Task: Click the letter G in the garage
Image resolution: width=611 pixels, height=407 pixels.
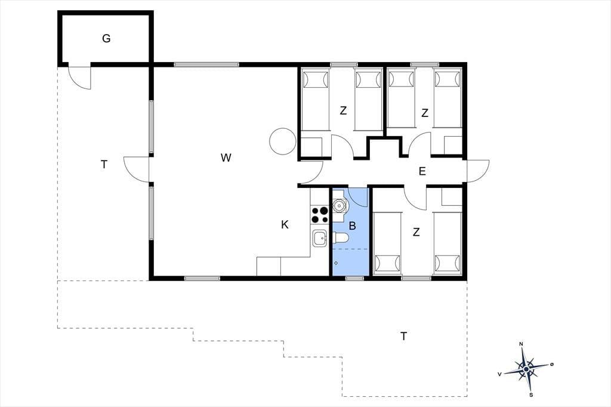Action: [x=106, y=39]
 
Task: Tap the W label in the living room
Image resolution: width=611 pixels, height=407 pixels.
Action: [x=226, y=158]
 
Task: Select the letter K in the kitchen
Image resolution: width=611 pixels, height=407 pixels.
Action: [x=285, y=224]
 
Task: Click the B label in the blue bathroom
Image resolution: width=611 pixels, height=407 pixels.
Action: [x=352, y=226]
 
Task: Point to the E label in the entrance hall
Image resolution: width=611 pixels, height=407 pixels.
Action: [x=422, y=171]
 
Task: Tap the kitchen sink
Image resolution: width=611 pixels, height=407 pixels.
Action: [x=320, y=238]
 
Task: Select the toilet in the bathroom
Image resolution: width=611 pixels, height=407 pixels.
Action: [x=340, y=238]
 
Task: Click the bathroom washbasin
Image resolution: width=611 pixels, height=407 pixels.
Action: [x=340, y=204]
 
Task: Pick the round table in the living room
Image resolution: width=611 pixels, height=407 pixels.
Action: [x=282, y=141]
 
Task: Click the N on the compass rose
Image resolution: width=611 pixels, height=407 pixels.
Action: [x=521, y=344]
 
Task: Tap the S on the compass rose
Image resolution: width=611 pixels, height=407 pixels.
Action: [x=531, y=395]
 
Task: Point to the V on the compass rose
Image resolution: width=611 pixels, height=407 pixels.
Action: [x=499, y=374]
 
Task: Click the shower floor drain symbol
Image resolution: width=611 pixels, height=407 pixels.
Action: [x=336, y=263]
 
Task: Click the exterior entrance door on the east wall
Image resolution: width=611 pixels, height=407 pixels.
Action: [x=478, y=171]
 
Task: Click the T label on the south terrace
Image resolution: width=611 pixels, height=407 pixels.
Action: [x=404, y=336]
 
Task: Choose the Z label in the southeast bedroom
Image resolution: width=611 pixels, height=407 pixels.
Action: [x=416, y=232]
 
